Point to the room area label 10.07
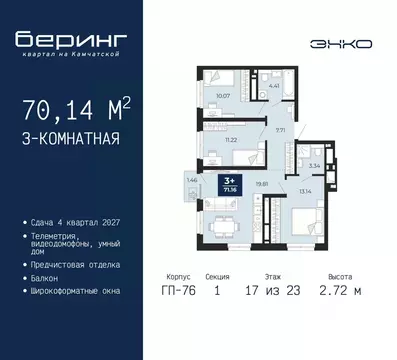coord(223,97)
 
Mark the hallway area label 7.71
coord(281,130)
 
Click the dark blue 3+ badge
coord(231,183)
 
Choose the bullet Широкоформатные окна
coord(79,291)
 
